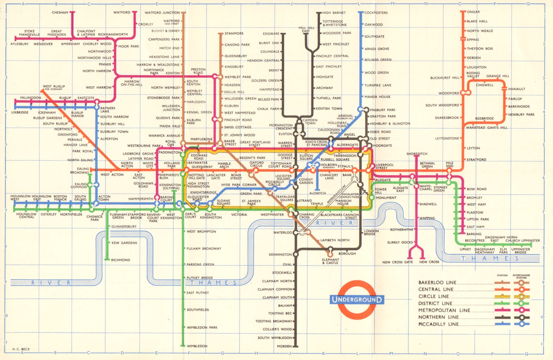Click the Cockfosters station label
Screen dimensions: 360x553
click(x=376, y=13)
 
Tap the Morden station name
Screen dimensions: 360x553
click(x=284, y=346)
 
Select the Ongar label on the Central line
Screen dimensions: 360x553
click(x=474, y=12)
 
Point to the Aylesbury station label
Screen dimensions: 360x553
click(x=19, y=44)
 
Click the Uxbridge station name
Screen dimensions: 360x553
click(x=20, y=112)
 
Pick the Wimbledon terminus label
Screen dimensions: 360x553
click(x=197, y=346)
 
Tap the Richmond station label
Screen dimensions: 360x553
click(x=121, y=260)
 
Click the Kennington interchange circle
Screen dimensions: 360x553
click(x=296, y=254)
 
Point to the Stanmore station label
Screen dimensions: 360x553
click(x=234, y=34)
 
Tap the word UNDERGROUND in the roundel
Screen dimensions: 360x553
click(x=357, y=299)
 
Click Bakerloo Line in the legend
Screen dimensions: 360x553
click(x=437, y=283)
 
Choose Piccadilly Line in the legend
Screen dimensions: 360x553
click(x=439, y=324)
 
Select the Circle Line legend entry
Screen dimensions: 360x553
click(x=433, y=296)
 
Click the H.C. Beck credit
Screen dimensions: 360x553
click(x=21, y=349)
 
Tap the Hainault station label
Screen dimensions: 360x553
click(x=516, y=89)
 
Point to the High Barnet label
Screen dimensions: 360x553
click(x=334, y=13)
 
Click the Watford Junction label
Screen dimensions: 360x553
click(x=162, y=13)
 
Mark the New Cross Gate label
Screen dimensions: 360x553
click(x=397, y=262)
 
